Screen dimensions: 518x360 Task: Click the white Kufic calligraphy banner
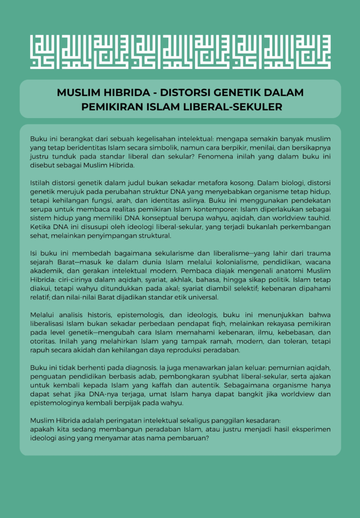180,52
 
